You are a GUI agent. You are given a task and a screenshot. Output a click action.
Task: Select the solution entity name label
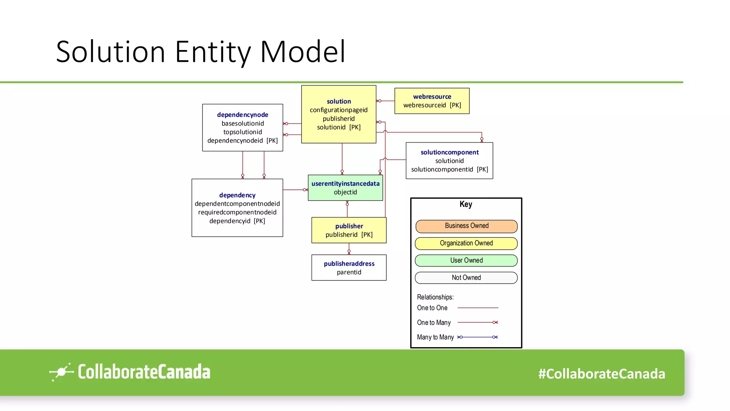pyautogui.click(x=339, y=101)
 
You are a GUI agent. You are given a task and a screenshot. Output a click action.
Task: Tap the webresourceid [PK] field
pyautogui.click(x=432, y=105)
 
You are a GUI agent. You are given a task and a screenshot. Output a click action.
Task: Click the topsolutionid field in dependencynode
pyautogui.click(x=242, y=132)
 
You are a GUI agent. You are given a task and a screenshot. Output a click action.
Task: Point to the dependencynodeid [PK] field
pyautogui.click(x=242, y=141)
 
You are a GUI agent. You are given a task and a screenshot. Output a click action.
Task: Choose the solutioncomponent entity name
pyautogui.click(x=449, y=152)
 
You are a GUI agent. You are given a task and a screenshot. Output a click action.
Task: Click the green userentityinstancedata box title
pyautogui.click(x=345, y=184)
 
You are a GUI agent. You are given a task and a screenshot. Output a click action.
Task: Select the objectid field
pyautogui.click(x=345, y=192)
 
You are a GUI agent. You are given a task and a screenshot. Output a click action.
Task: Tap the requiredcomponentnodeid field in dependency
pyautogui.click(x=237, y=212)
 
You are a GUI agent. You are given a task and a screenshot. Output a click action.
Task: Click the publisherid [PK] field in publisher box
pyautogui.click(x=349, y=235)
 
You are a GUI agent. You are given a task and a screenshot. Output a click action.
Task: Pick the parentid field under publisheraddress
pyautogui.click(x=349, y=272)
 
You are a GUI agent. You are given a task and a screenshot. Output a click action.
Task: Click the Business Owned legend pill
pyautogui.click(x=466, y=226)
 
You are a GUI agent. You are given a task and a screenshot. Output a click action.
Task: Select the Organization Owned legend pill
pyautogui.click(x=466, y=243)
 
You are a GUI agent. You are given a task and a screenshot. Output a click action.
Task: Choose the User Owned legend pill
pyautogui.click(x=466, y=260)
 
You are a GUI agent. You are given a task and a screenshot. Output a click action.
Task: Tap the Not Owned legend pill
pyautogui.click(x=466, y=278)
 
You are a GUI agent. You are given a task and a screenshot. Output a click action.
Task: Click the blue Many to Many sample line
pyautogui.click(x=478, y=337)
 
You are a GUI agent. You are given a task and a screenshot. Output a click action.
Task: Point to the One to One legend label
pyautogui.click(x=432, y=308)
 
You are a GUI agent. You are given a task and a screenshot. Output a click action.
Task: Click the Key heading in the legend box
pyautogui.click(x=466, y=204)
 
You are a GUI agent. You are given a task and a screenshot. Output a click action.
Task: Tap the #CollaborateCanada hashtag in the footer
pyautogui.click(x=601, y=374)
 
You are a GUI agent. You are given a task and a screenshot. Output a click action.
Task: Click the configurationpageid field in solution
pyautogui.click(x=339, y=110)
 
